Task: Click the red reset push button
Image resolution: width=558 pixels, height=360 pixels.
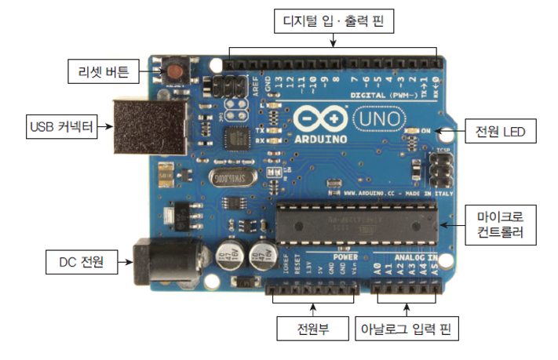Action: pos(173,72)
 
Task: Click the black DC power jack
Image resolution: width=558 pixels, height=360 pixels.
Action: pos(157,260)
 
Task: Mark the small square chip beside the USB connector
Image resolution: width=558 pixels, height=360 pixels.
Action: pos(234,139)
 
